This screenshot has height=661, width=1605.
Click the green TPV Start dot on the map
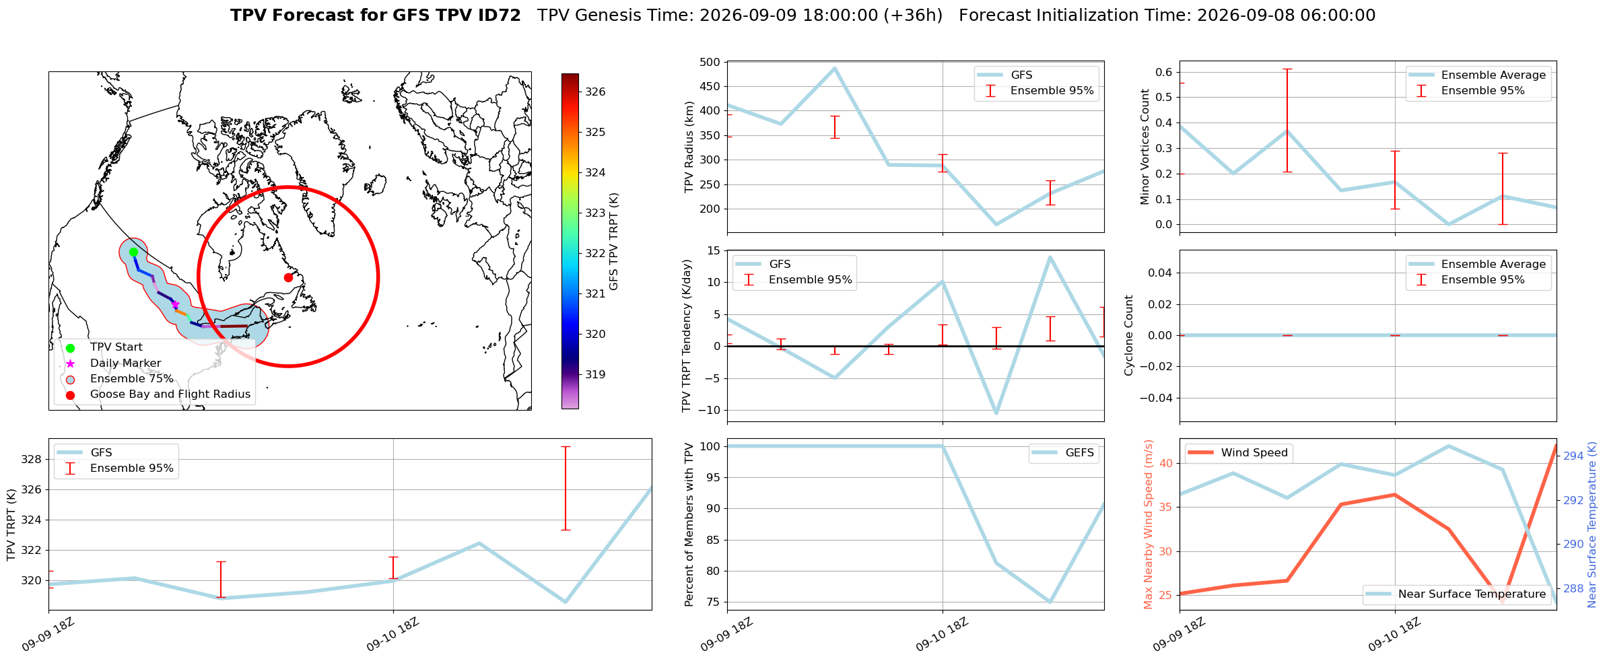click(x=133, y=252)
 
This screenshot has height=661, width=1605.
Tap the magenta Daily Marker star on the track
click(x=175, y=304)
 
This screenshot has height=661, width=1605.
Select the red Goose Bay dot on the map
click(x=288, y=277)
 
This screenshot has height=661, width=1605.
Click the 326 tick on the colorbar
click(x=595, y=92)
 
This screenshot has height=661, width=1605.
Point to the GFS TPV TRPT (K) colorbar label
click(x=613, y=242)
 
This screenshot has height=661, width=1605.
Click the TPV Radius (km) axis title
click(x=689, y=147)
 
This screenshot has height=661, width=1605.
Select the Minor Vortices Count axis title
click(x=1145, y=147)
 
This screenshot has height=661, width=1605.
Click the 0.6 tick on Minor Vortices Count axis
click(x=1163, y=73)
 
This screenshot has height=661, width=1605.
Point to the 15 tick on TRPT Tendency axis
click(x=713, y=251)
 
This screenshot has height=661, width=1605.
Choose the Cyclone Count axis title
click(x=1128, y=335)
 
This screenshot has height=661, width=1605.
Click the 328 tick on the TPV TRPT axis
click(x=32, y=460)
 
